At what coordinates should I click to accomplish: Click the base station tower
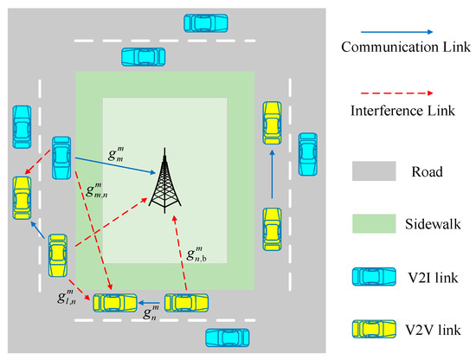[x=164, y=181]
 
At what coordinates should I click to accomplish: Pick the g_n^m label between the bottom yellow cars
[x=148, y=317]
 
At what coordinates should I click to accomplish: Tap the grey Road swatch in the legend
[x=371, y=171]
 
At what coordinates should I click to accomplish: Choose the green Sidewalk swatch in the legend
[x=371, y=225]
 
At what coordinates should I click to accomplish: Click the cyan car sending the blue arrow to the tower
[x=61, y=156]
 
